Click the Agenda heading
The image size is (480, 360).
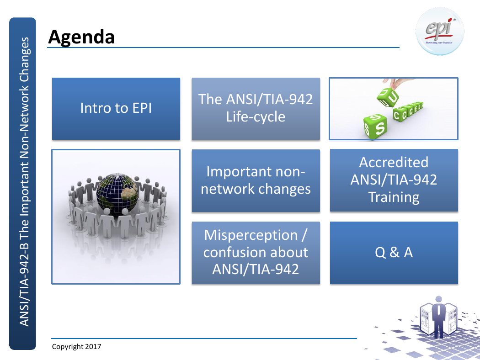coord(81,37)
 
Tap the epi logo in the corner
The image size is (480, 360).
coord(440,32)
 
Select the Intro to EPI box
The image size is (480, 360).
coord(116,109)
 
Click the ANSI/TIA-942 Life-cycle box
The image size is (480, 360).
coord(256,109)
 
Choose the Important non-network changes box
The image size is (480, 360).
coord(256,180)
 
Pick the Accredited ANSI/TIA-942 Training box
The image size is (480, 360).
coord(394,180)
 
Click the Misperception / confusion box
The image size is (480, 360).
coord(256,253)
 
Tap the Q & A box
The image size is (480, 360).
coord(394,253)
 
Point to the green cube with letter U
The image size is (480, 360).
coord(388,97)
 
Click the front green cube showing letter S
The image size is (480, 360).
coord(375,127)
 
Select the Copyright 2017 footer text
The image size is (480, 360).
coord(76,347)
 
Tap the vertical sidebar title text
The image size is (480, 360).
coord(24,182)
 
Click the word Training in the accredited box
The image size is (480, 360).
coord(394,197)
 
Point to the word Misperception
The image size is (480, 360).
coord(251,235)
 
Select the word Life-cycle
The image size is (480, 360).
coord(256,117)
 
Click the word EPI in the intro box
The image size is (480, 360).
coord(142,108)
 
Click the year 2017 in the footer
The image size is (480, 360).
coord(93,347)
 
